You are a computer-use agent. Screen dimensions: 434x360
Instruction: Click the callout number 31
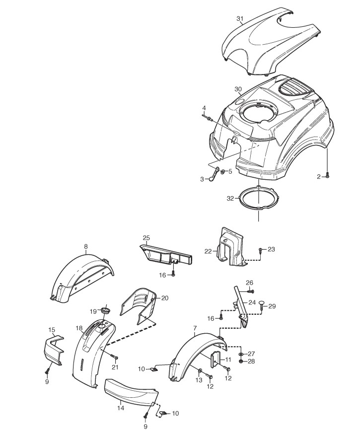(x=240, y=18)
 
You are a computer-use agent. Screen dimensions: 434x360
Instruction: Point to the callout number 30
(x=238, y=89)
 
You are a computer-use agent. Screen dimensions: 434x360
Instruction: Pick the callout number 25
(x=146, y=238)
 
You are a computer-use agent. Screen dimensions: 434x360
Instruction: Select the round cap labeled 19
(x=105, y=310)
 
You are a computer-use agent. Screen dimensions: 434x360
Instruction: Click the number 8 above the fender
(x=86, y=246)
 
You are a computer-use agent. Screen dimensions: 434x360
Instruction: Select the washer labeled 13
(x=200, y=371)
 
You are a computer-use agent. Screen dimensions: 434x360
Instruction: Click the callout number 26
(x=249, y=283)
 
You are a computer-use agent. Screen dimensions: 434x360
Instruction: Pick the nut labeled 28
(x=241, y=361)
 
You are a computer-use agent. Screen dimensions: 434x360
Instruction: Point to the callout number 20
(x=165, y=298)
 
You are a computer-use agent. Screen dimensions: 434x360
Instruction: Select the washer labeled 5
(x=223, y=172)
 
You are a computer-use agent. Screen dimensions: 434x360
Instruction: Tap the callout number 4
(x=204, y=108)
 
